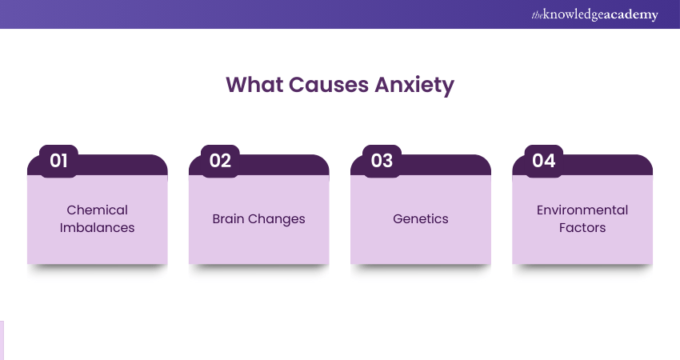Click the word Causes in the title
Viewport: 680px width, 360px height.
[328, 85]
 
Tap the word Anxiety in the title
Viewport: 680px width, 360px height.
[414, 86]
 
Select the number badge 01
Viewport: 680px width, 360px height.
[58, 161]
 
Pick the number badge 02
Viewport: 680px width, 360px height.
[220, 161]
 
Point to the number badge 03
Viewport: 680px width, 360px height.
[382, 161]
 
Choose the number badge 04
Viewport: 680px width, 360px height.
[544, 161]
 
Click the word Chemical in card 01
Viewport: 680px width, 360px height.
[97, 210]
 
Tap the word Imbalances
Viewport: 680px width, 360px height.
[97, 228]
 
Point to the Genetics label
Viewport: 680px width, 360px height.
[421, 218]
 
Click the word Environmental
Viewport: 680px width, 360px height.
[582, 210]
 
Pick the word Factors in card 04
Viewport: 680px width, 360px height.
[582, 228]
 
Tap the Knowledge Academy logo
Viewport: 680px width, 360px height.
[595, 14]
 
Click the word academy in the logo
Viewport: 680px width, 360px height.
[631, 14]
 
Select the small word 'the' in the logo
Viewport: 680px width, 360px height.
[537, 16]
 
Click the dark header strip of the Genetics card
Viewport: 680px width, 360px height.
[446, 166]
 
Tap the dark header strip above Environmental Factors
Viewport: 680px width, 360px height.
[607, 166]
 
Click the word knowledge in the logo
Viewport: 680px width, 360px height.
[574, 14]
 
